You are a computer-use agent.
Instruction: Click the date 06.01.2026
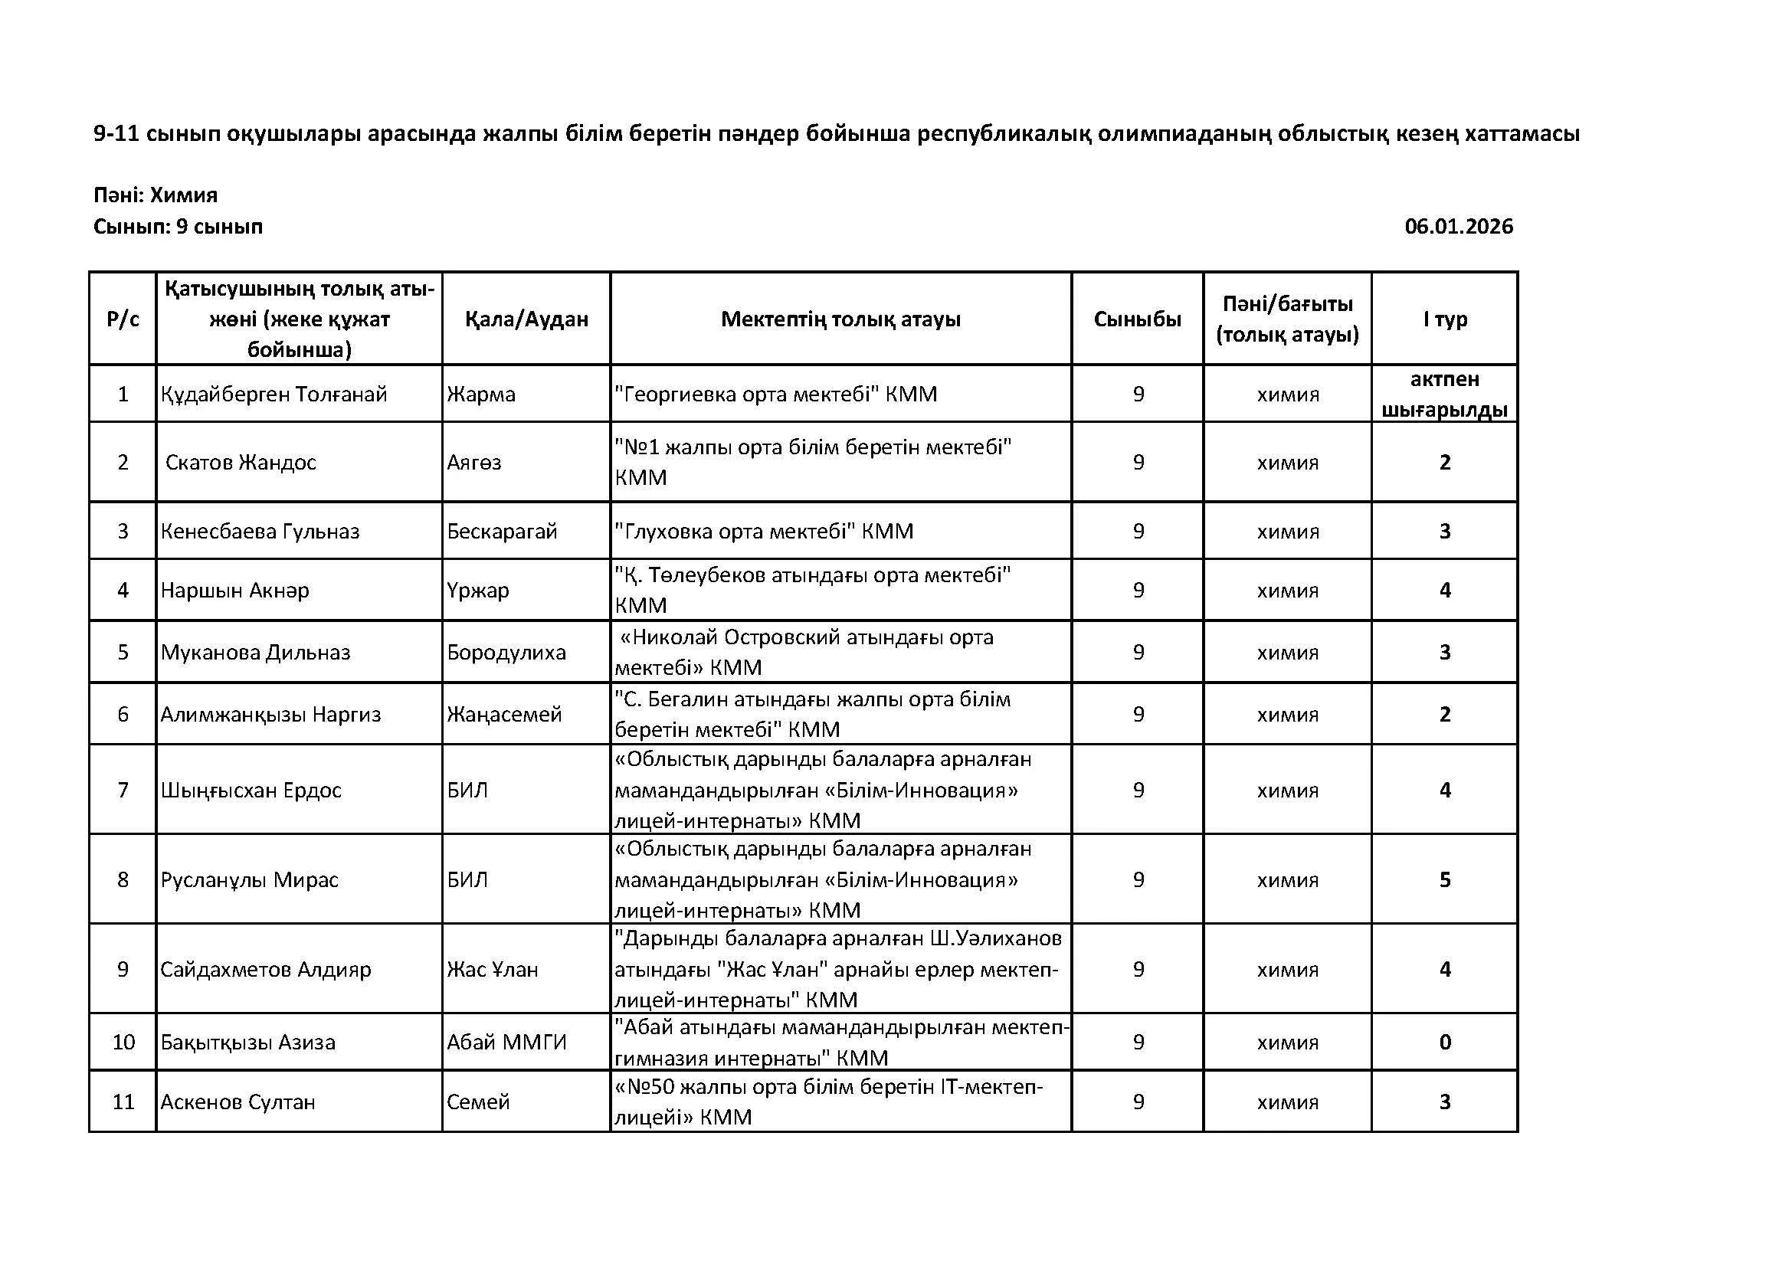tap(1458, 227)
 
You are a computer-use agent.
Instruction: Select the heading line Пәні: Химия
tap(156, 195)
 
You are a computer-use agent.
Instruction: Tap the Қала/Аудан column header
tap(526, 319)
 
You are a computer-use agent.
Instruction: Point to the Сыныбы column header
tap(1137, 319)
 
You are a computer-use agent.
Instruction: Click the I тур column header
tap(1445, 319)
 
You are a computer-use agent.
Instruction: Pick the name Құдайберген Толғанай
tap(274, 395)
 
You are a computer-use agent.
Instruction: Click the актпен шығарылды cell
tap(1445, 395)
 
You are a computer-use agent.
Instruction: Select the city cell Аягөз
tap(473, 463)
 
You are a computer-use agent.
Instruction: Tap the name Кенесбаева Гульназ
tap(260, 532)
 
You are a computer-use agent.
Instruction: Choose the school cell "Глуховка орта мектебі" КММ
tap(763, 532)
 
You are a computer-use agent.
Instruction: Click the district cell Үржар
tap(477, 591)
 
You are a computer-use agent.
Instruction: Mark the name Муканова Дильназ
tap(255, 653)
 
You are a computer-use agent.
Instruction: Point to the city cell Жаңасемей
tap(504, 715)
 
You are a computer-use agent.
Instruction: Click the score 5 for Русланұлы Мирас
tap(1445, 880)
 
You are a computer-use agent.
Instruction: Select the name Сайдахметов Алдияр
tap(265, 970)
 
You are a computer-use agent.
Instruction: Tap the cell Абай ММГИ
tap(506, 1043)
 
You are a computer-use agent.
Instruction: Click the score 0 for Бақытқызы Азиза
tap(1445, 1043)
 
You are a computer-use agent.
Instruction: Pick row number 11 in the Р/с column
tap(123, 1102)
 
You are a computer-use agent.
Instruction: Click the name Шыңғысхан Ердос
tap(251, 791)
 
